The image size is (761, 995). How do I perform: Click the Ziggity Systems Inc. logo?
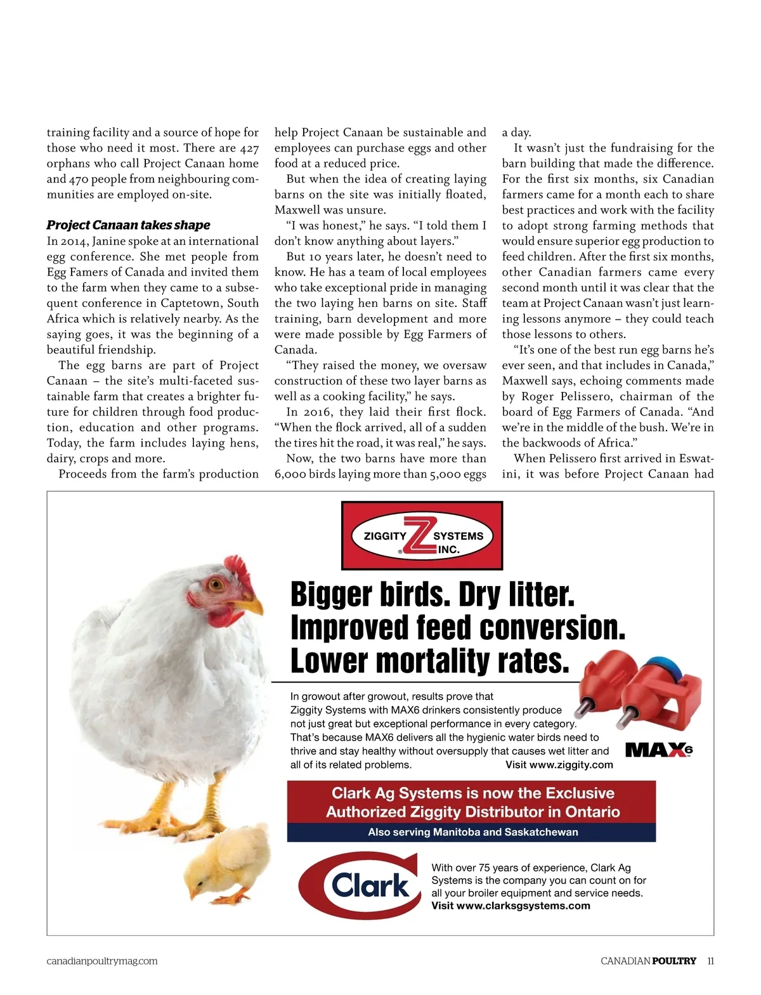[422, 536]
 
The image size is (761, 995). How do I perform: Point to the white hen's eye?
[217, 583]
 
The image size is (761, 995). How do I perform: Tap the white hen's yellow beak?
[251, 606]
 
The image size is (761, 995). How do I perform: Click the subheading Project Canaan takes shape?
[128, 225]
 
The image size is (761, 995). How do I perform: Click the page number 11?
[710, 961]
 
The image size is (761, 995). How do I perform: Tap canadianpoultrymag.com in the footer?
[102, 961]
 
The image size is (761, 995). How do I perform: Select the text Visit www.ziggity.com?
[559, 765]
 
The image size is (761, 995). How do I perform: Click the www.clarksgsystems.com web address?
[523, 906]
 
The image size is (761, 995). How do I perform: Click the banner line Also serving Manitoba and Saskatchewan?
[472, 832]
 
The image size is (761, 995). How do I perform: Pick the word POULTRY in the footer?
[673, 961]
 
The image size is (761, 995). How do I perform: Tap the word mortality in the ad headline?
[433, 661]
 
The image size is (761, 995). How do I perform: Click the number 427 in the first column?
[249, 148]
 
